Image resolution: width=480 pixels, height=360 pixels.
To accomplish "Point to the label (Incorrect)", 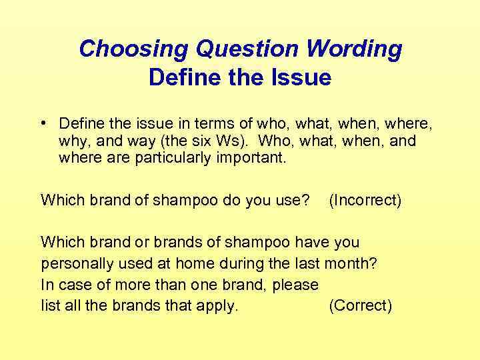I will tap(365, 200).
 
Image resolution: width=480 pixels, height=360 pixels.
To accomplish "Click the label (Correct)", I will tap(360, 306).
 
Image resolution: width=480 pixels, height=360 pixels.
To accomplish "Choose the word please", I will tap(291, 285).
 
